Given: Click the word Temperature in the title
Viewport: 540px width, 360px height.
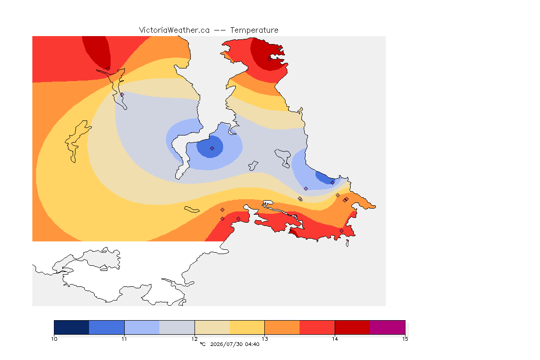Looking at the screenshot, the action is coord(254,30).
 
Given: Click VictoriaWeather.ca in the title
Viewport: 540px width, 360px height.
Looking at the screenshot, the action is coord(174,30).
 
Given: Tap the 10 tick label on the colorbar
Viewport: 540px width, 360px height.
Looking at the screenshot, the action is coord(54,339).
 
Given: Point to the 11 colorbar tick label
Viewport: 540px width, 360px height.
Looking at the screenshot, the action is coord(124,339).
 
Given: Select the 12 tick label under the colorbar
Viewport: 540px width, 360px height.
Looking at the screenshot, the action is coord(195,339).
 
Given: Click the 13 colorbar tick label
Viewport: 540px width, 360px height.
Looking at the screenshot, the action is coord(264,339).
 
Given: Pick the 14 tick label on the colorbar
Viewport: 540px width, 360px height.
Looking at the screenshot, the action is coord(335,339).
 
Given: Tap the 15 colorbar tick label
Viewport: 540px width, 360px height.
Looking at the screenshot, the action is coord(405,339).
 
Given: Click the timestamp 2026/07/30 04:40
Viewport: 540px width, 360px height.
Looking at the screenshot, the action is coord(234,344).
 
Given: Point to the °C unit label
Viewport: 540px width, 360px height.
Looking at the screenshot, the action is coord(202,344).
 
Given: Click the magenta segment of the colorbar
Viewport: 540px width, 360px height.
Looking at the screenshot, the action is coord(388,327).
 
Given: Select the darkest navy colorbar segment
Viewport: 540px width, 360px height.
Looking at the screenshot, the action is coord(72,327).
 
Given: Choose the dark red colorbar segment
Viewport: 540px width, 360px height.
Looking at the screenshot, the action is coord(352,327).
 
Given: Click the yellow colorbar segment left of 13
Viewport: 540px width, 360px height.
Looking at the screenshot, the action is coord(247,327).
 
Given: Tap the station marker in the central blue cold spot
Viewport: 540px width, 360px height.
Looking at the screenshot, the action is coord(212,149).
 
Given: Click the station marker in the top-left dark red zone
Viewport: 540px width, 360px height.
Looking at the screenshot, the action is coord(108,69).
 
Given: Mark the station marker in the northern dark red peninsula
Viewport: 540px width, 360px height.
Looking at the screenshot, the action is coord(270,59).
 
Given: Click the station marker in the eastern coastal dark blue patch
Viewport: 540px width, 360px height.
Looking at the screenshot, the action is coord(332,183).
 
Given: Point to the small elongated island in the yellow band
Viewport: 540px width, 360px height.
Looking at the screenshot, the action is coord(191,210).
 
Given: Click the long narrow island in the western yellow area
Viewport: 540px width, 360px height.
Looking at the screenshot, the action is coord(76,141).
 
